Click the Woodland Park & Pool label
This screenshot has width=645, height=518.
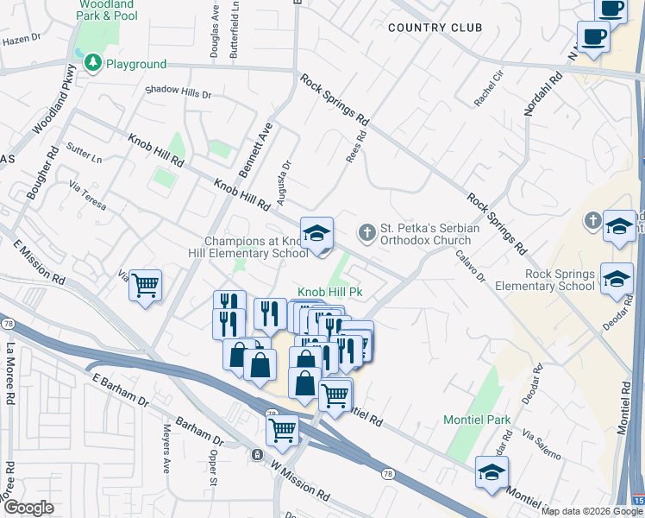[x=106, y=9]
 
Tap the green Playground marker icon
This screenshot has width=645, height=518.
[x=91, y=63]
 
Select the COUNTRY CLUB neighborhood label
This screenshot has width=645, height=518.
[x=435, y=28]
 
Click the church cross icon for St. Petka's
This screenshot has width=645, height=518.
[x=366, y=231]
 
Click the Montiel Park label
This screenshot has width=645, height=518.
[x=477, y=420]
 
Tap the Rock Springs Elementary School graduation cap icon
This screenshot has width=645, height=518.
[x=617, y=278]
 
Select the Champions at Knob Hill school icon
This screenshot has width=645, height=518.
[x=316, y=231]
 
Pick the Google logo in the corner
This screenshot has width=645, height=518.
[x=28, y=508]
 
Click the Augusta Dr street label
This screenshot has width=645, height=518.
[x=284, y=182]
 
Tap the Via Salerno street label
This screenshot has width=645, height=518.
[x=542, y=447]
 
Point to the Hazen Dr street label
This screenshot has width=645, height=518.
[x=22, y=40]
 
